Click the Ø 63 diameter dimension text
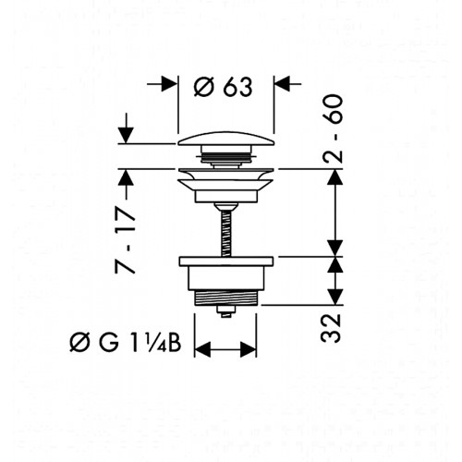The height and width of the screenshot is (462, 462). [223, 87]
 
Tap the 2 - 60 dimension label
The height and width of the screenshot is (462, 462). [333, 128]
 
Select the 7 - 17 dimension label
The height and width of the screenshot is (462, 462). [125, 240]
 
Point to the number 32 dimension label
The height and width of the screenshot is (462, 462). [331, 328]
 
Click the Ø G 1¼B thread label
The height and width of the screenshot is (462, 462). [126, 344]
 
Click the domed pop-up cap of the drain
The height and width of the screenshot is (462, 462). [225, 139]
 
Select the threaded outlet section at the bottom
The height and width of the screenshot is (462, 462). [225, 298]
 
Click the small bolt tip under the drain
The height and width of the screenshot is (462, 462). [226, 311]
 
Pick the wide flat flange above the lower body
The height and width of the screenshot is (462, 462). [226, 261]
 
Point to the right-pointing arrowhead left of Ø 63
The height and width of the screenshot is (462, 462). [169, 83]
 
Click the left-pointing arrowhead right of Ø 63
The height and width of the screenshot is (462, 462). [282, 83]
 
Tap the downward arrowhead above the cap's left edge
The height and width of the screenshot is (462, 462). [126, 135]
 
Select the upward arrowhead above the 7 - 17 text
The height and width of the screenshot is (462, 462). [126, 177]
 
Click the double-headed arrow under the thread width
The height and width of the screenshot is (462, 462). [225, 349]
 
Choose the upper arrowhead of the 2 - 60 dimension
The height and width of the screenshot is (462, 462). [334, 177]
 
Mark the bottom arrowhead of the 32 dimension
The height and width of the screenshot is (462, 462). [334, 297]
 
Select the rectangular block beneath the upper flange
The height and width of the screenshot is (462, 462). [225, 197]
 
